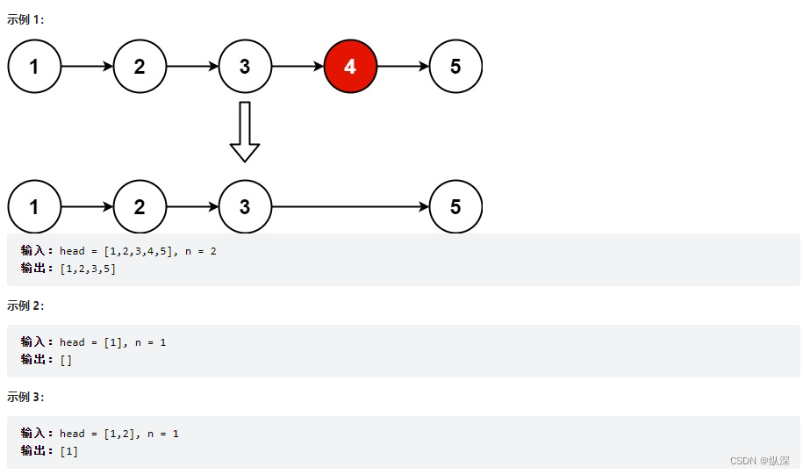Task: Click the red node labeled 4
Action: point(350,66)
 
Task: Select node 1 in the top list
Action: point(34,66)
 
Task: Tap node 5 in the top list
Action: point(455,66)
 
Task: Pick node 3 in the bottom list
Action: point(245,207)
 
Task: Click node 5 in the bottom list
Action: point(455,207)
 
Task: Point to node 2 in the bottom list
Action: point(140,207)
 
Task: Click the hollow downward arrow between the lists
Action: point(245,132)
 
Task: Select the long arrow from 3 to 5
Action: point(350,207)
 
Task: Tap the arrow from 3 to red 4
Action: point(298,66)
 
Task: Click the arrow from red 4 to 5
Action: point(403,66)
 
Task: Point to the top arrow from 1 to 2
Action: point(87,66)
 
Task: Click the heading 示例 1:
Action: point(26,18)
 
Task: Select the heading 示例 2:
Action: point(26,305)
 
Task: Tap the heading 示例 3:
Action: point(26,397)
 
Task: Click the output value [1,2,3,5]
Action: point(88,269)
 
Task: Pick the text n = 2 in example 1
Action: point(201,251)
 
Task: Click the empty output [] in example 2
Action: point(66,360)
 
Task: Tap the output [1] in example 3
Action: point(69,451)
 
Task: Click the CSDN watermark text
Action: point(760,460)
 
